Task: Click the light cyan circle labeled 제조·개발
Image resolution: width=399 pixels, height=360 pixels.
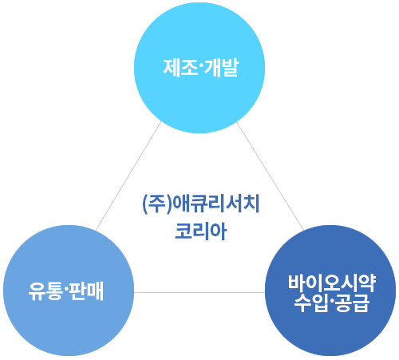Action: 199,68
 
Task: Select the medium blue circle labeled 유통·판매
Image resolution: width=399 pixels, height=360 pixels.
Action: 69,291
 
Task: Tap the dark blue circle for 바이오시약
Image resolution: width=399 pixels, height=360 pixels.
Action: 330,291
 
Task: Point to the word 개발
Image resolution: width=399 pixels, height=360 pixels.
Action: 220,68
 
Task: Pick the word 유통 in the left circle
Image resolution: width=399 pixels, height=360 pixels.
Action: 45,291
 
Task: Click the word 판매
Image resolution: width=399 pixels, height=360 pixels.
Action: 86,291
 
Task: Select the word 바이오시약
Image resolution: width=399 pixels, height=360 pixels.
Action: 332,283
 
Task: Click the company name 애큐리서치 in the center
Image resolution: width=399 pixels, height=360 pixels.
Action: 216,204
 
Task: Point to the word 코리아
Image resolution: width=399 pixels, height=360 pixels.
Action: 201,231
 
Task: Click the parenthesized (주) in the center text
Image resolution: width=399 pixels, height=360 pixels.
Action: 157,204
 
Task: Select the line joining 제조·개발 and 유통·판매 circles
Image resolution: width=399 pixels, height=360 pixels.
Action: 128,176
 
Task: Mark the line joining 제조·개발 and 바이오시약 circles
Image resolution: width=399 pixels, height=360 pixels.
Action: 271,176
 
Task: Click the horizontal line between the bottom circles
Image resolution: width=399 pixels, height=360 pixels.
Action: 199,292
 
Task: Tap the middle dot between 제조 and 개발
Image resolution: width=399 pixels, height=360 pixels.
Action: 200,68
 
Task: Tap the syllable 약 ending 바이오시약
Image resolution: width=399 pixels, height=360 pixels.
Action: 367,283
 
